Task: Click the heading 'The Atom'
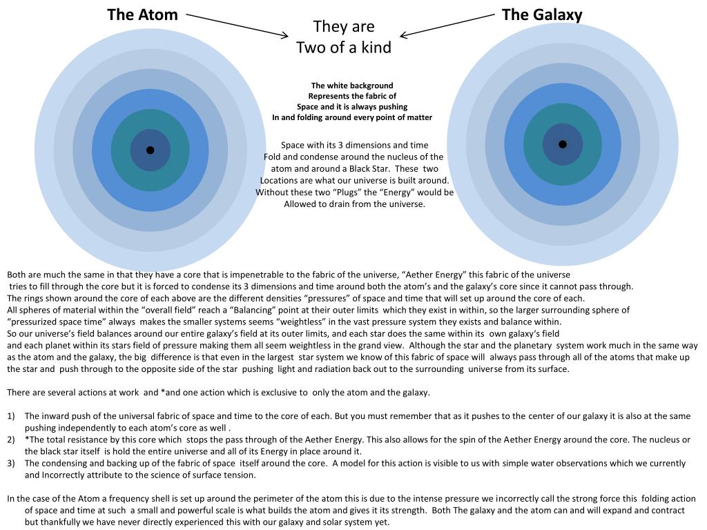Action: (x=142, y=14)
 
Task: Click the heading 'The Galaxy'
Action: (x=542, y=14)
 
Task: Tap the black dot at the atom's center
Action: (x=150, y=150)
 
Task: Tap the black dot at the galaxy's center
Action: (x=563, y=144)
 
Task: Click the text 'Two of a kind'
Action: (x=343, y=48)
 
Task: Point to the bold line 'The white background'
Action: (x=352, y=86)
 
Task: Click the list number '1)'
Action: (x=11, y=416)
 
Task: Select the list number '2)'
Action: (x=11, y=440)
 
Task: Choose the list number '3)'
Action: (x=11, y=463)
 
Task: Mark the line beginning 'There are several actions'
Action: (x=218, y=393)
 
